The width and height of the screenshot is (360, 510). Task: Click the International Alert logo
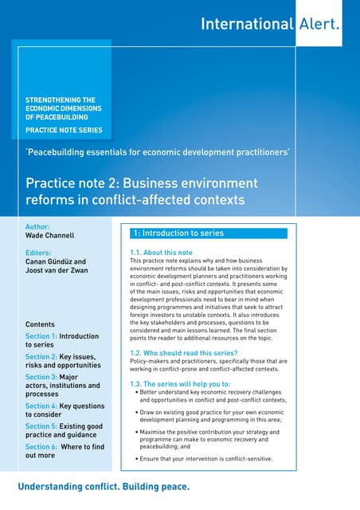pos(269,24)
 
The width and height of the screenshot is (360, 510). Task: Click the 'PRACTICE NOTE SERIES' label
pos(64,130)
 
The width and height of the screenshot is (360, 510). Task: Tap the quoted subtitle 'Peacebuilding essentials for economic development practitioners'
pos(157,151)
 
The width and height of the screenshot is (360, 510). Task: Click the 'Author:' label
pos(37,226)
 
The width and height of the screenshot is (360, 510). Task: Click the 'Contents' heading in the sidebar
pos(40,325)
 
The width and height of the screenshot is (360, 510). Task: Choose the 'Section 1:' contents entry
pos(62,340)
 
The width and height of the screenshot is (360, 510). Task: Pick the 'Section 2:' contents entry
pos(62,361)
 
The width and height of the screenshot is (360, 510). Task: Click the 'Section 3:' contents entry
pos(62,386)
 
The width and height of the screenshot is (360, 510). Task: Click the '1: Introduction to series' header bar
pos(208,233)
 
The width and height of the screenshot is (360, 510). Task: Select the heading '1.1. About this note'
pos(160,253)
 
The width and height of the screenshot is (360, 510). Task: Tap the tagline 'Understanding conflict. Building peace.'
pos(104,486)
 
